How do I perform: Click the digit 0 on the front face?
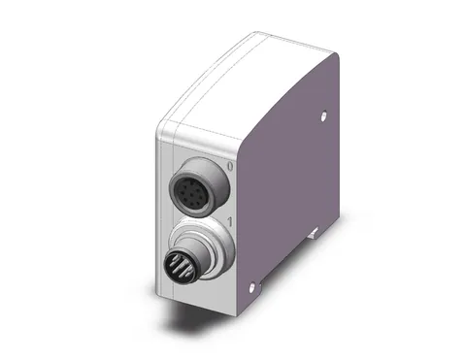230,167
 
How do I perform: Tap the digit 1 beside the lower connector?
231,222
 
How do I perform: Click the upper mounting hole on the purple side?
323,116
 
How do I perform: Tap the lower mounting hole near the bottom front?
251,287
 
